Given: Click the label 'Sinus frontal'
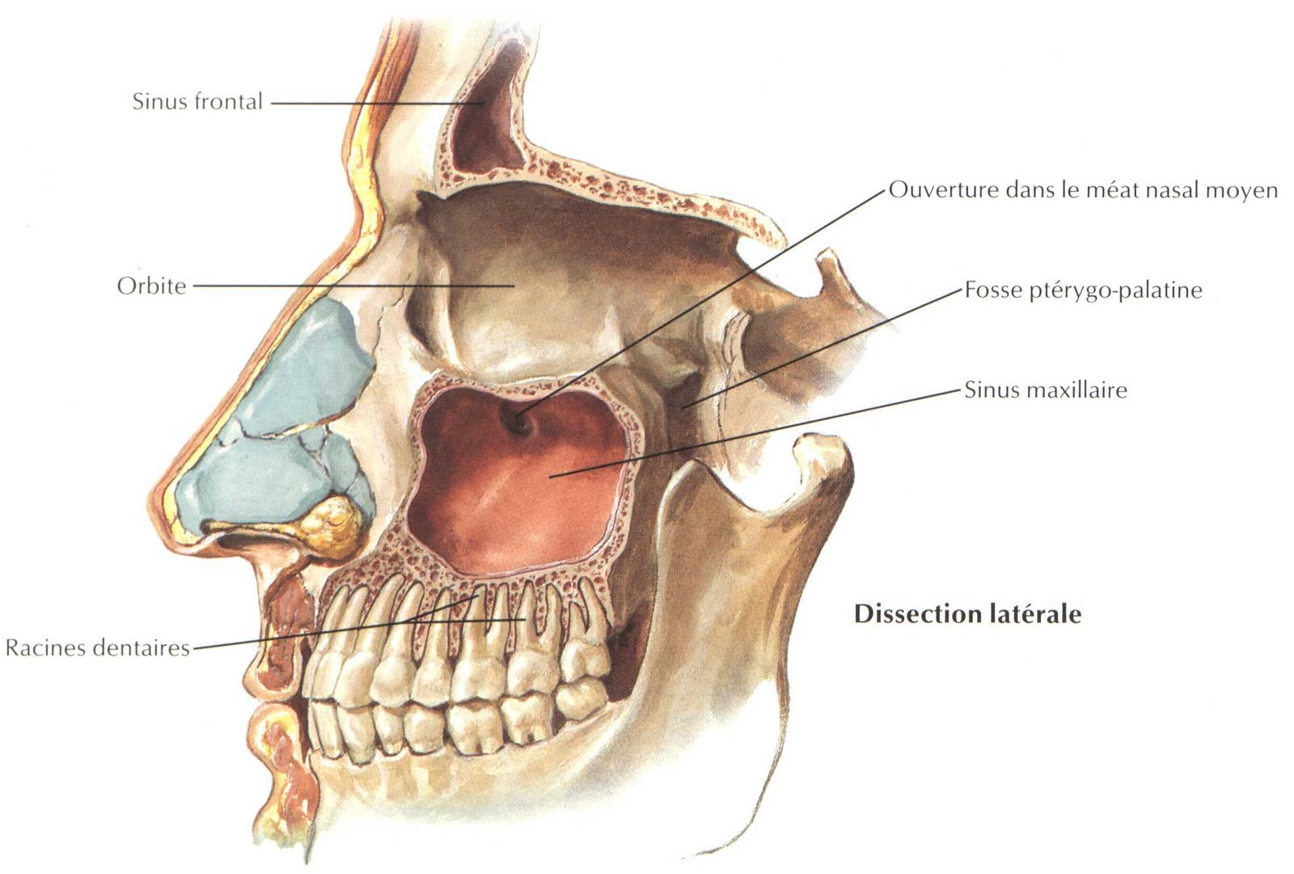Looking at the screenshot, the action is (x=197, y=102).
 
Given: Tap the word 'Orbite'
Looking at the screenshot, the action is (x=151, y=286).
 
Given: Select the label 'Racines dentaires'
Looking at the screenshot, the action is (x=97, y=647).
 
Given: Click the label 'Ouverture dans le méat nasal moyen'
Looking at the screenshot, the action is (x=1083, y=190).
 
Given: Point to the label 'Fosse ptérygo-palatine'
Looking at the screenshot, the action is (x=1083, y=290).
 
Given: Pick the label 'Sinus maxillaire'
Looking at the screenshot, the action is (x=1045, y=390).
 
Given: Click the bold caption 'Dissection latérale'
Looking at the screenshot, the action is (x=967, y=613).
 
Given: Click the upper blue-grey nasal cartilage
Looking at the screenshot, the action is (x=311, y=364).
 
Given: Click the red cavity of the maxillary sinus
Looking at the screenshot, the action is (x=518, y=494).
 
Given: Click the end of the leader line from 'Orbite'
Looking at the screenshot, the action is (x=513, y=286).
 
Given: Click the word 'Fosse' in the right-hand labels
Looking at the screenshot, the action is (x=992, y=290).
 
